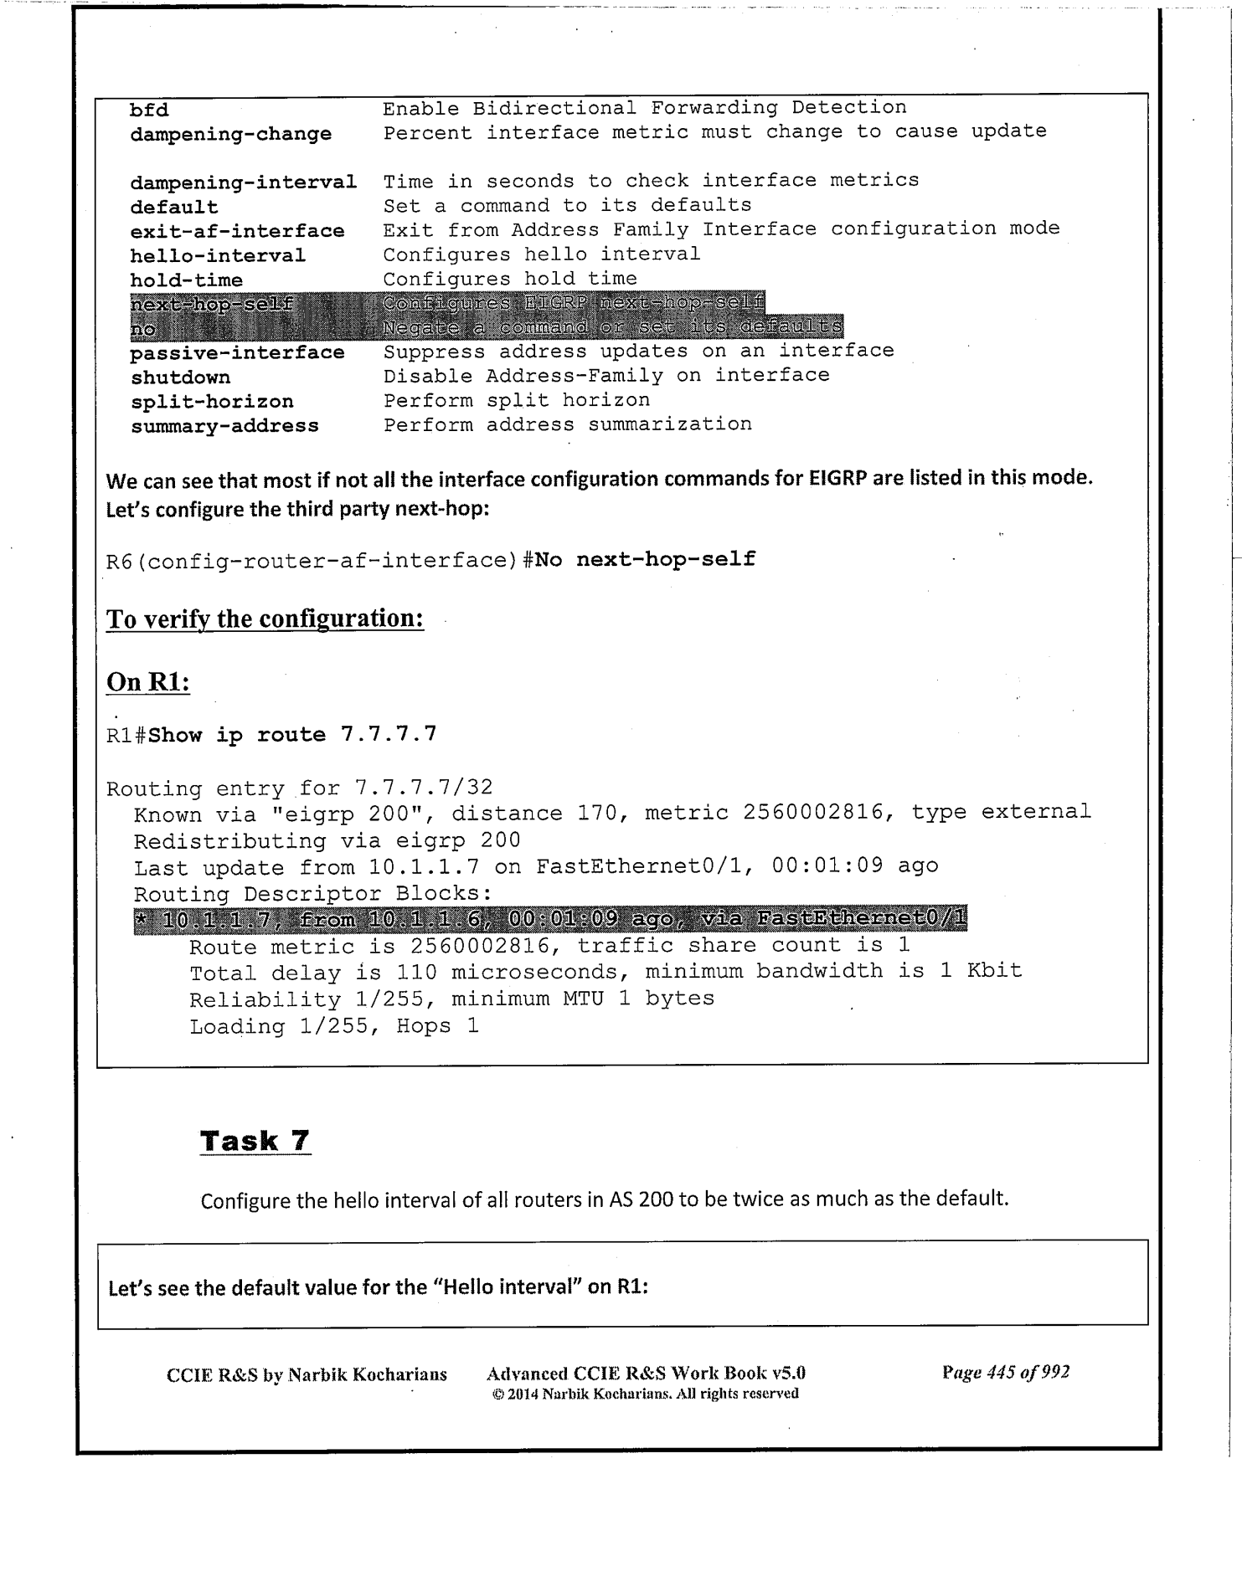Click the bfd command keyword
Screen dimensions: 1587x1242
149,110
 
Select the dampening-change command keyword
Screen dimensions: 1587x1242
230,134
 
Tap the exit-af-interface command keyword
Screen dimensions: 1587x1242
237,231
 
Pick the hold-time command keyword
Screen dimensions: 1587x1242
186,280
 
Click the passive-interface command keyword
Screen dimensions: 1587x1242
237,353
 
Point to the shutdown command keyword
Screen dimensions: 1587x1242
180,377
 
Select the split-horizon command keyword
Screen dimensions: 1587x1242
212,402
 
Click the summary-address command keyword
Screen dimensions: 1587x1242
224,426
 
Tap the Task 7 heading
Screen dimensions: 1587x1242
255,1140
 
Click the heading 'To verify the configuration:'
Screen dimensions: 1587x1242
265,619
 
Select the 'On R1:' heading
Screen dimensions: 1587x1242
148,681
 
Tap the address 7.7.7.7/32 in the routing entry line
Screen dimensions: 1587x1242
424,788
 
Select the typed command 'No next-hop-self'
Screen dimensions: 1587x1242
645,558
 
